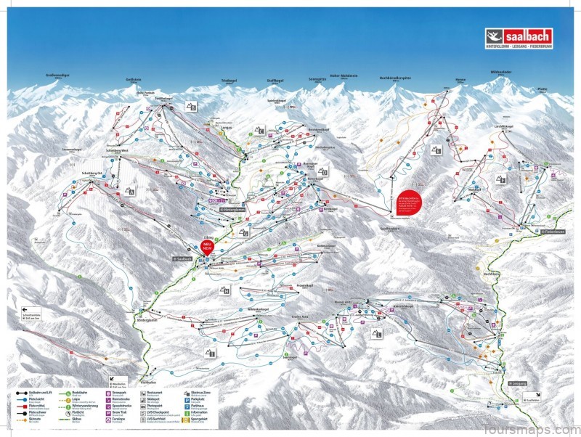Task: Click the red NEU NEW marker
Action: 209,247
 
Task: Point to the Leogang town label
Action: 519,383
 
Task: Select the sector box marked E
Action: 437,150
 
